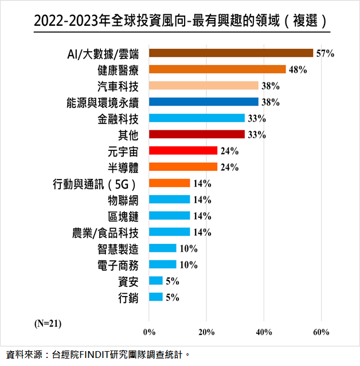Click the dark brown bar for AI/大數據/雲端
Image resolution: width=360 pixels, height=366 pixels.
coord(231,53)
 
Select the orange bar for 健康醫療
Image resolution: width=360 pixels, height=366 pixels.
coord(217,69)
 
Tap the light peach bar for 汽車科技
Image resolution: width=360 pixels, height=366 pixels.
coord(204,86)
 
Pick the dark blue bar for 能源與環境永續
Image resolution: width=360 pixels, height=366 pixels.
coord(204,102)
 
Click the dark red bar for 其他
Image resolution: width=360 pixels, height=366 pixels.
coord(197,135)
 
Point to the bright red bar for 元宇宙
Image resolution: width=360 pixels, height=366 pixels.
coord(183,151)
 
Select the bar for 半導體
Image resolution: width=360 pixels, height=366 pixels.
coord(183,167)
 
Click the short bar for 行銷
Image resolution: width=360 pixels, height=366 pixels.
coord(155,297)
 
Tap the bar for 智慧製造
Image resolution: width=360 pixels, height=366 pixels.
coord(162,248)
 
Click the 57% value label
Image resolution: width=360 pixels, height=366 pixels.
coord(325,54)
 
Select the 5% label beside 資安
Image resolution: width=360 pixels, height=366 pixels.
coord(172,281)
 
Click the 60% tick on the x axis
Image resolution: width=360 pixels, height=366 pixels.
coord(321,332)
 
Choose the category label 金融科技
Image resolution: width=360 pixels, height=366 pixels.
coord(119,119)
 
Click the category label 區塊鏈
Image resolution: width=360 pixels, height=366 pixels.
coord(123,216)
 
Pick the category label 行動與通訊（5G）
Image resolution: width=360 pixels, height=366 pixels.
coord(95,184)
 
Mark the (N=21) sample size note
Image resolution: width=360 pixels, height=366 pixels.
coord(48,323)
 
